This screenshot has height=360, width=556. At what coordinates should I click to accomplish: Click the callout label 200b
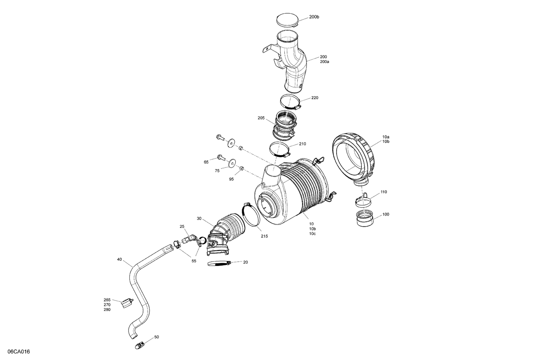314,17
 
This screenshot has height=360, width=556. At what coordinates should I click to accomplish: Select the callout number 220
315,98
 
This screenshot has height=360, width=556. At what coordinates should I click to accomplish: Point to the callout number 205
261,118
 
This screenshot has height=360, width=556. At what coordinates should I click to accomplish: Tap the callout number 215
264,236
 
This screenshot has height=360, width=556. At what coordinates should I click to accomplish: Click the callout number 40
119,259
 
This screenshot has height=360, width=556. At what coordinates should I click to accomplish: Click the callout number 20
245,262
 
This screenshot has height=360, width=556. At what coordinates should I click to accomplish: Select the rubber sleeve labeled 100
364,218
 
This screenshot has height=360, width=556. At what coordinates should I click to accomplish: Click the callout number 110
383,192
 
